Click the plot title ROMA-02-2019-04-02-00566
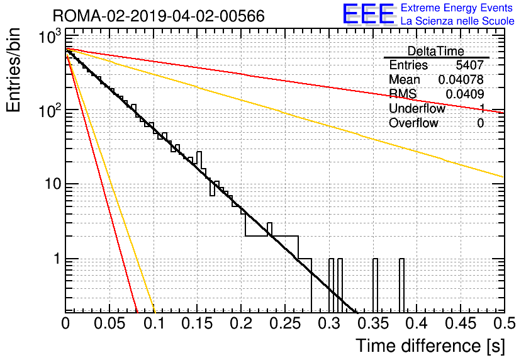pos(159,16)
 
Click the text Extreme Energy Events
pos(457,8)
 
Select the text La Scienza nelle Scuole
pos(457,21)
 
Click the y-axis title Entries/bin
pos(13,70)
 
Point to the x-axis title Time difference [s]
pos(430,346)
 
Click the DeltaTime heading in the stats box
pos(435,51)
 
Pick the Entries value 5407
pos(469,65)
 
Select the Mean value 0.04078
pos(461,79)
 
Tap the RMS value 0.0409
pos(464,94)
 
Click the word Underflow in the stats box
pos(417,108)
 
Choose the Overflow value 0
pos(480,123)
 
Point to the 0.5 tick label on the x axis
pos(504,323)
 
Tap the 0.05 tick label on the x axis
pos(109,323)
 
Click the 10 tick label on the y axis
pos(53,184)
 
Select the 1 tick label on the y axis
pos(57,259)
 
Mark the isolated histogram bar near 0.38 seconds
pos(401,285)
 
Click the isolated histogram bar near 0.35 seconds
pos(376,285)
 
